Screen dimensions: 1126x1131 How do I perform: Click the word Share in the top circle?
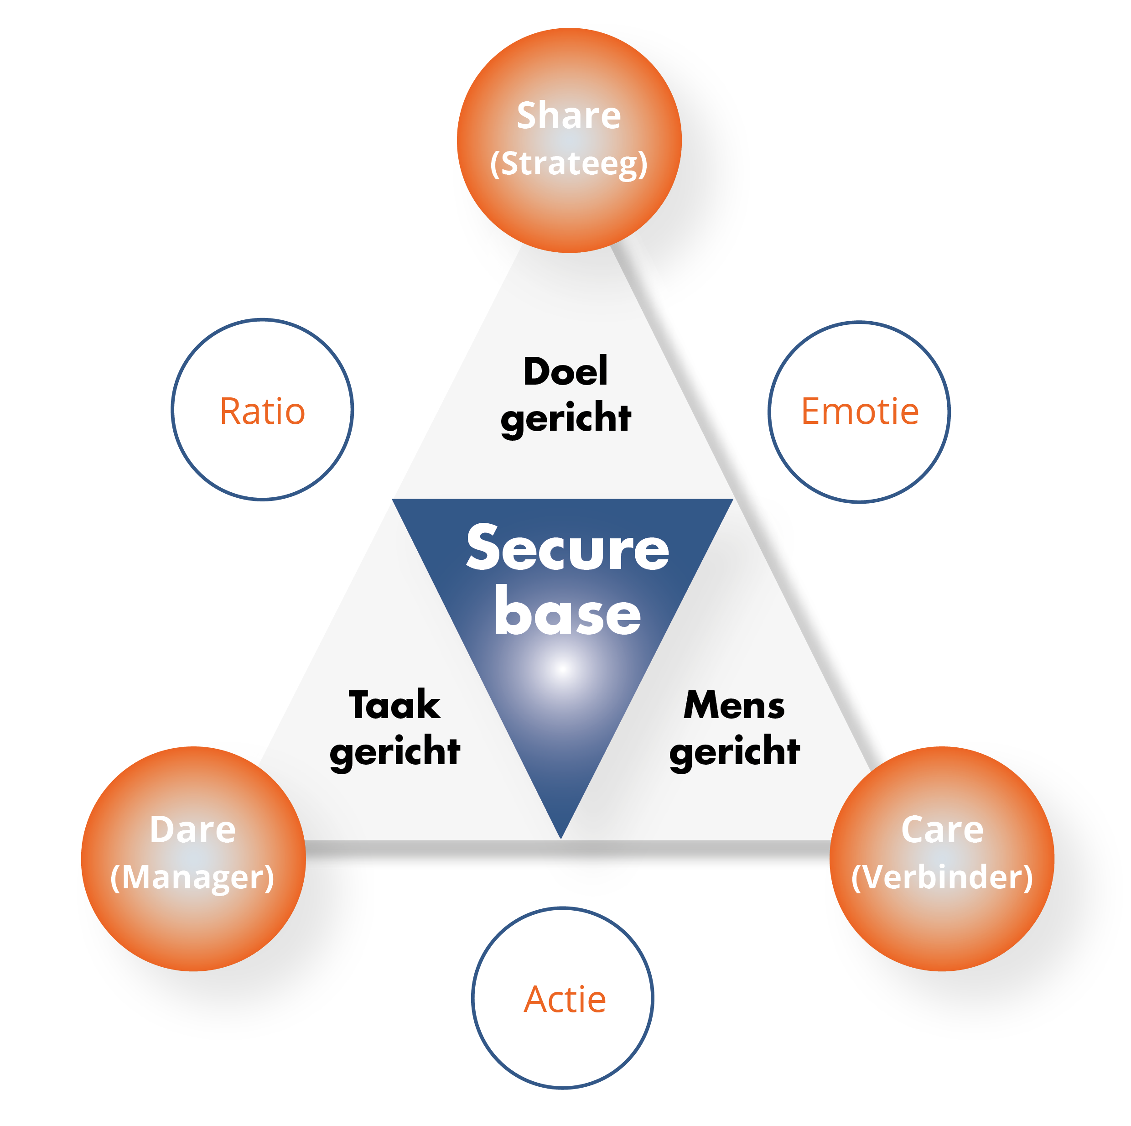pyautogui.click(x=568, y=115)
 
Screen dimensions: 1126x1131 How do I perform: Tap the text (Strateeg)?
pyautogui.click(x=568, y=163)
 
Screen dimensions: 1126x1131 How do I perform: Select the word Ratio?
pyautogui.click(x=262, y=411)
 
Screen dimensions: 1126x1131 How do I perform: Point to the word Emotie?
pyautogui.click(x=859, y=411)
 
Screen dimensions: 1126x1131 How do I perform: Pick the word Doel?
pyautogui.click(x=565, y=371)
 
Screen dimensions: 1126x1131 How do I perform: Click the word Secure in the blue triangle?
pyautogui.click(x=567, y=549)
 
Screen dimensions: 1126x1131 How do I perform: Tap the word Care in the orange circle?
pyautogui.click(x=942, y=830)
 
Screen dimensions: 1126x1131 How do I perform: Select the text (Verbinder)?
pyautogui.click(x=942, y=878)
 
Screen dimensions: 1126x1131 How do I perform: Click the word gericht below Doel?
pyautogui.click(x=565, y=419)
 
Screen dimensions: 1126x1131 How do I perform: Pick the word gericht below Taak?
pyautogui.click(x=394, y=753)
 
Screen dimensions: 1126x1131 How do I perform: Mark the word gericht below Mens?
pyautogui.click(x=734, y=753)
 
